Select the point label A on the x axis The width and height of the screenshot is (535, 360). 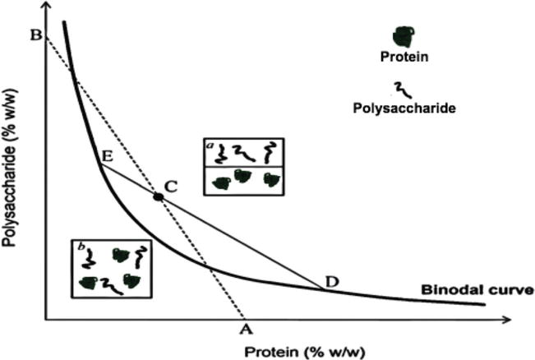244,330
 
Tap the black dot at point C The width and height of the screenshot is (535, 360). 157,196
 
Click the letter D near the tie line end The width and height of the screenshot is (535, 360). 331,281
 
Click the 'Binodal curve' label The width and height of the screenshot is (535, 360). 477,289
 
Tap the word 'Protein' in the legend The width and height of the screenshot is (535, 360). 404,58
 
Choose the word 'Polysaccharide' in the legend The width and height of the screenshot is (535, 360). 404,108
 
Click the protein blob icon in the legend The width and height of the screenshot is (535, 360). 403,36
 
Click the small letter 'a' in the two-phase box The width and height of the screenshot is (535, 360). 210,145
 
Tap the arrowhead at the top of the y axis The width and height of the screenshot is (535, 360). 46,7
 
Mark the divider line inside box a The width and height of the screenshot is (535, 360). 242,167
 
